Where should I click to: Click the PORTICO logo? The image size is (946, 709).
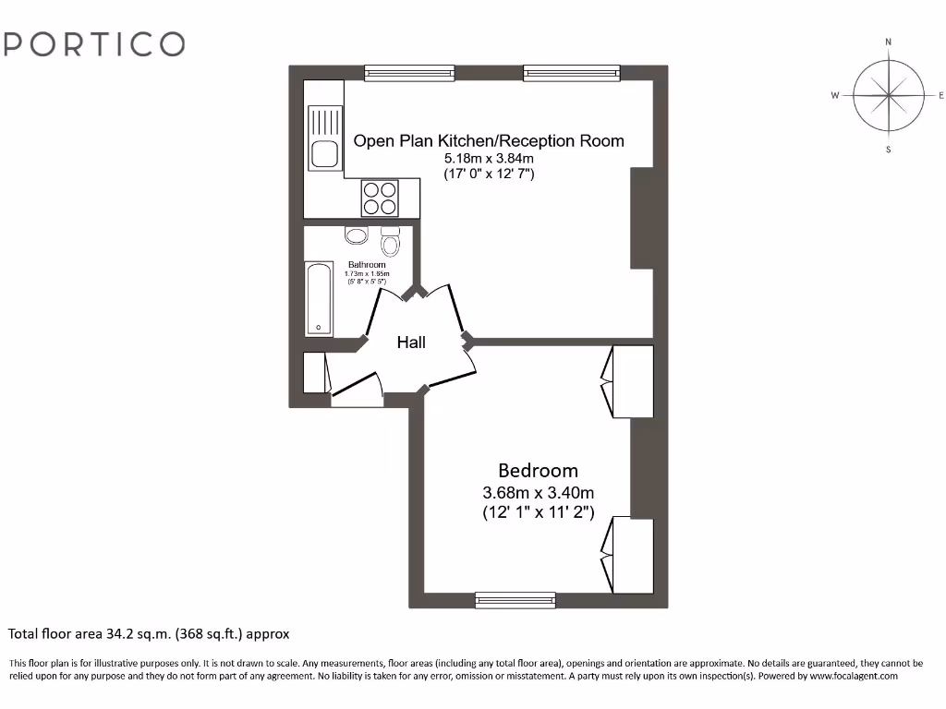tap(93, 43)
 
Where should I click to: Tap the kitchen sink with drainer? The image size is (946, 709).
tap(324, 138)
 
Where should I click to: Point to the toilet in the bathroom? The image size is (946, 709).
tap(390, 242)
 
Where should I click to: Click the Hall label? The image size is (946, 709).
tap(411, 342)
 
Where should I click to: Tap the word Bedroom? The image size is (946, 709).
tap(538, 470)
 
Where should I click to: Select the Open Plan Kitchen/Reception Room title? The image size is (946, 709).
tap(489, 140)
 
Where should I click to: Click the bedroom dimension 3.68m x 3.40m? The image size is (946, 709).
tap(538, 491)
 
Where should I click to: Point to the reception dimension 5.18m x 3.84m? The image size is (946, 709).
tap(489, 158)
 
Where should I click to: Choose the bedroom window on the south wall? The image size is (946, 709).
tap(515, 600)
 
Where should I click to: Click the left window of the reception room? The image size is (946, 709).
tap(409, 72)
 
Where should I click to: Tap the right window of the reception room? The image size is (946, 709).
tap(571, 72)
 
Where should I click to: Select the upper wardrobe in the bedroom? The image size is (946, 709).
tap(628, 380)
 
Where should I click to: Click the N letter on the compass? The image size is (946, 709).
tap(888, 42)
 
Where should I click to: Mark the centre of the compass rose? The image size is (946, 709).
tap(888, 95)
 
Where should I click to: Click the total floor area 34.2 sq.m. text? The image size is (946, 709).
tap(149, 634)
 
